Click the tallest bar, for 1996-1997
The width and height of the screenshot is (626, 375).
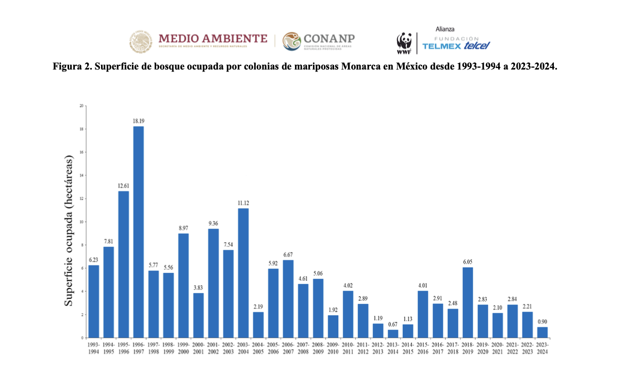point(139,232)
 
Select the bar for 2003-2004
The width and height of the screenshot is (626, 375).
point(243,272)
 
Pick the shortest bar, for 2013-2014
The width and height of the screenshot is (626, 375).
point(393,333)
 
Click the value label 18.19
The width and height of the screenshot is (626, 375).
point(139,121)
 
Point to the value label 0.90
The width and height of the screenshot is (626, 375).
point(542,321)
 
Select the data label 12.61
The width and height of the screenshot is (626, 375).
point(124,185)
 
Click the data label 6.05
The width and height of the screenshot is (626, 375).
point(468,262)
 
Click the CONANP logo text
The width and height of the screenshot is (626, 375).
point(329,39)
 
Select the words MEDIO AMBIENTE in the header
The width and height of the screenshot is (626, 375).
point(213,38)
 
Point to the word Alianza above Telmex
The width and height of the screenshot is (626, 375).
point(445,29)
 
